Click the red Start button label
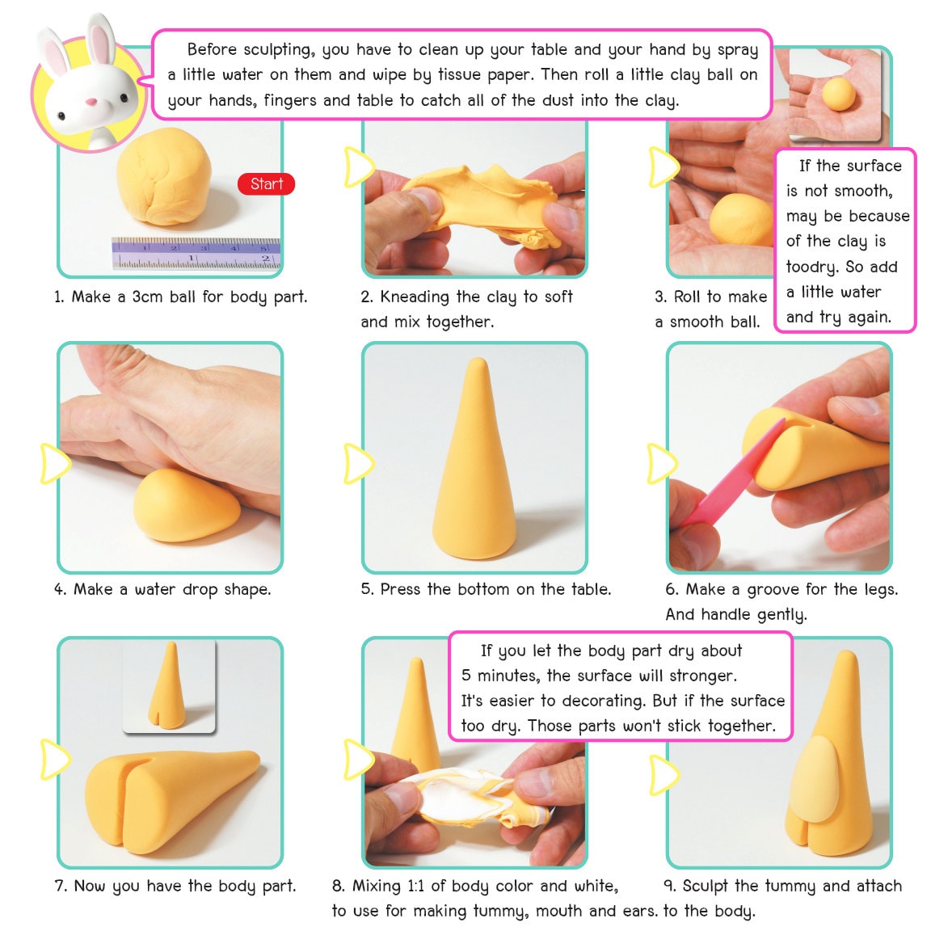click(x=266, y=184)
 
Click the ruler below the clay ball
click(x=196, y=253)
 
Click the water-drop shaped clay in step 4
click(x=186, y=506)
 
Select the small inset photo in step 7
click(x=170, y=686)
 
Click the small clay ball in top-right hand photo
click(x=838, y=93)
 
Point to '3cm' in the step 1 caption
click(x=147, y=297)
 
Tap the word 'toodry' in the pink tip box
click(x=811, y=267)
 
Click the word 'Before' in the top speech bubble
click(x=214, y=49)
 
